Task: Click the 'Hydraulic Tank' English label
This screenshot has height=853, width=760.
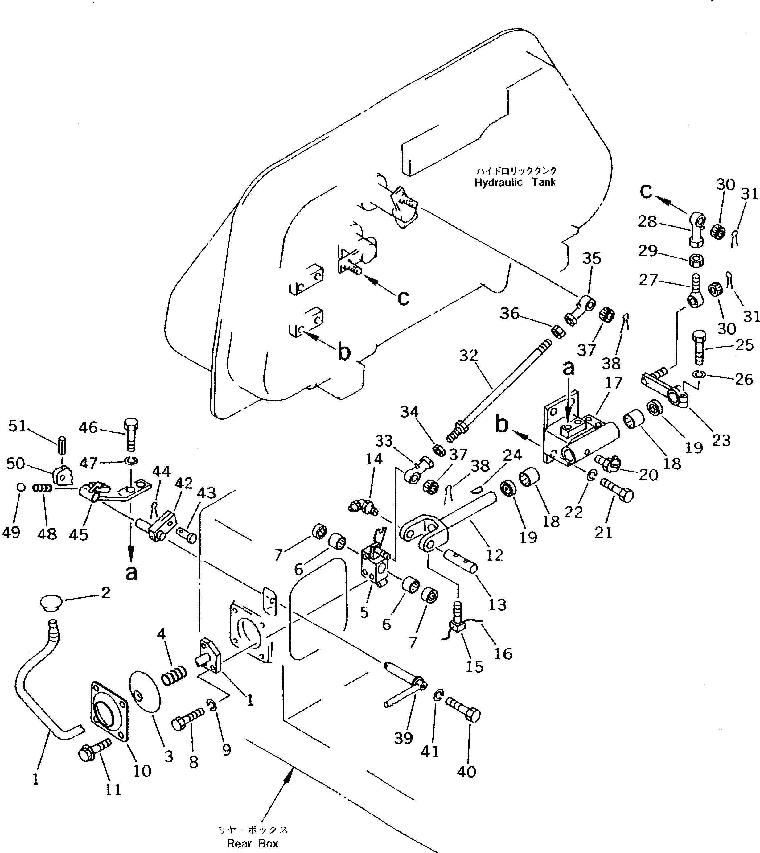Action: [515, 183]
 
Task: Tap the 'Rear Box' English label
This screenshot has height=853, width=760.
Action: [253, 843]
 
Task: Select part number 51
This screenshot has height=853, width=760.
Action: [17, 426]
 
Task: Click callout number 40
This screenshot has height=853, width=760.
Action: [466, 772]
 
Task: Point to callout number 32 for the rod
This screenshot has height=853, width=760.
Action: [468, 356]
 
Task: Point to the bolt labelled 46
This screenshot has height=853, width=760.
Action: [131, 435]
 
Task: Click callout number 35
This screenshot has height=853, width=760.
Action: [591, 258]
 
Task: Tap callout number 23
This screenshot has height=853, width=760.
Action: [721, 440]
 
